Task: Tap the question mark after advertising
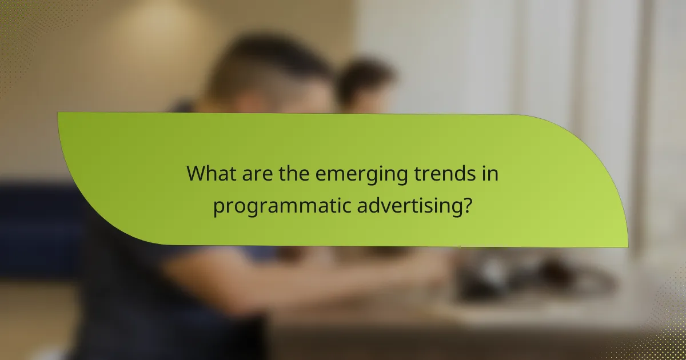pyautogui.click(x=468, y=204)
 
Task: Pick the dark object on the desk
pyautogui.click(x=503, y=274)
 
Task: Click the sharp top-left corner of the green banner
pyautogui.click(x=58, y=113)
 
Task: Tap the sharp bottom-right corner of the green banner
pyautogui.click(x=627, y=247)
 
